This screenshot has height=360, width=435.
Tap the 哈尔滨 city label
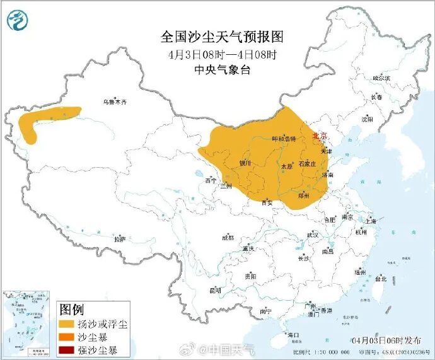click(x=381, y=78)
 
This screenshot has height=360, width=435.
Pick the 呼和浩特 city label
click(x=284, y=139)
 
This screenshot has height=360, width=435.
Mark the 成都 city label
click(x=228, y=238)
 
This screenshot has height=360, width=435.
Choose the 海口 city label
click(x=293, y=334)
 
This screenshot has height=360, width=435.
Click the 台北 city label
click(x=381, y=278)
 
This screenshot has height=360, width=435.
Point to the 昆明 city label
click(x=215, y=291)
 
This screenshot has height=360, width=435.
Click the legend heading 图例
click(x=71, y=310)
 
